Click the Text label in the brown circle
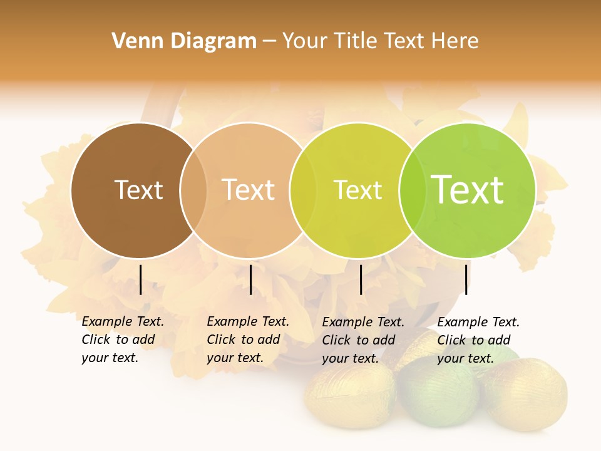click(138, 190)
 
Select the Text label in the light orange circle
click(249, 190)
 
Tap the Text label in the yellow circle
click(357, 190)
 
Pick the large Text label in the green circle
click(468, 190)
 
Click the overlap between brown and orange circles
click(193, 190)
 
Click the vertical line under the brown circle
click(140, 279)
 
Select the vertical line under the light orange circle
click(250, 279)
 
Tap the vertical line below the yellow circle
click(361, 279)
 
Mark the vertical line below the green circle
click(466, 279)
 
